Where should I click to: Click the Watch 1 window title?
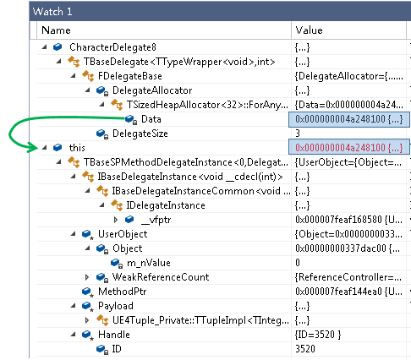[52, 12]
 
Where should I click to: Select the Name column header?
[56, 30]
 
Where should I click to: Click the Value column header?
[309, 30]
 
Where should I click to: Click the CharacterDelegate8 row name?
[112, 47]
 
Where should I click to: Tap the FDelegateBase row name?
[130, 76]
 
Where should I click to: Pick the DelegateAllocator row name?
[152, 90]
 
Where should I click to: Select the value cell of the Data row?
[349, 119]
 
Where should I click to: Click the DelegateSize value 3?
[298, 134]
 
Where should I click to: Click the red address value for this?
[349, 148]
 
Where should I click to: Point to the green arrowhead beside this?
[33, 147]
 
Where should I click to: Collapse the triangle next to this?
[44, 147]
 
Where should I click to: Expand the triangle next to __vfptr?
[116, 220]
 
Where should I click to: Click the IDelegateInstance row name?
[166, 205]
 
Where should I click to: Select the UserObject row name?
[123, 234]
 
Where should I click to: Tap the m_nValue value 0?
[298, 263]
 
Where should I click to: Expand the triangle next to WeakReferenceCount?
[87, 277]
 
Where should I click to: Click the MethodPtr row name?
[122, 292]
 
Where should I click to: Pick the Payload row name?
[116, 306]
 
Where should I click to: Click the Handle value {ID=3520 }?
[318, 335]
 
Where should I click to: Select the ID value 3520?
[305, 349]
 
